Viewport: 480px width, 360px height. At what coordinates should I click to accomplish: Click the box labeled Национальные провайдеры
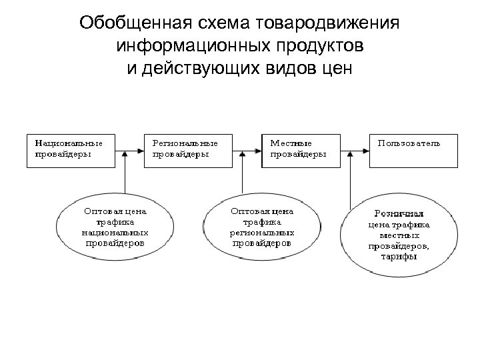pyautogui.click(x=69, y=150)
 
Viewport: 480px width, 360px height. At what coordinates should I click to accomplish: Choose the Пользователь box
pyautogui.click(x=413, y=150)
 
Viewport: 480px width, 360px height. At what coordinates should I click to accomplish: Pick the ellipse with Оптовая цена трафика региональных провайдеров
pyautogui.click(x=261, y=227)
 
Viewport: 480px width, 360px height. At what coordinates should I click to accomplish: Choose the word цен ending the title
pyautogui.click(x=333, y=69)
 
